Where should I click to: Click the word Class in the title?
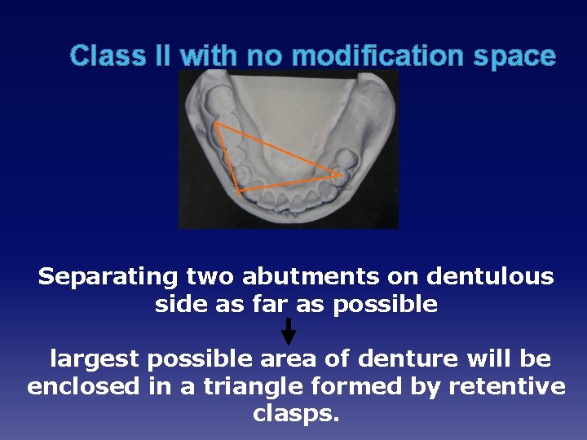(x=102, y=56)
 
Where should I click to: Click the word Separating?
(x=108, y=277)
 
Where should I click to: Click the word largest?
(x=95, y=359)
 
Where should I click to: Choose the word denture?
(x=402, y=359)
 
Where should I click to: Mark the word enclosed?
(x=83, y=386)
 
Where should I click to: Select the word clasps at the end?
(x=293, y=414)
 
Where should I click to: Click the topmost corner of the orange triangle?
(x=216, y=124)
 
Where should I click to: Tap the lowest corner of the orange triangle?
(x=237, y=191)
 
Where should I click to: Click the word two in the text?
(x=207, y=277)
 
